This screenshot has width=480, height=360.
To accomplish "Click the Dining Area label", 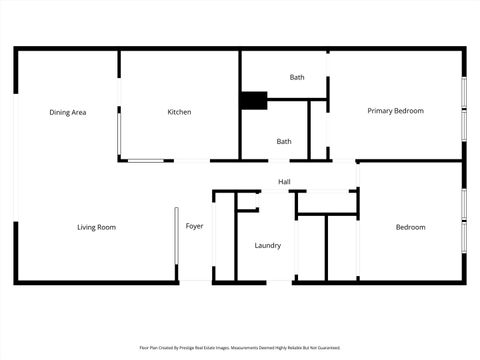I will [68, 112].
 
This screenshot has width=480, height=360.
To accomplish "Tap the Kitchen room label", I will [179, 112].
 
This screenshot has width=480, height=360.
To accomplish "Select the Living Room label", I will [97, 227].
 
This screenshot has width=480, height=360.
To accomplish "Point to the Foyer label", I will [195, 226].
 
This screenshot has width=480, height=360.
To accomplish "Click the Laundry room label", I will [268, 245].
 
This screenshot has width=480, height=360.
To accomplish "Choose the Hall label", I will [285, 181].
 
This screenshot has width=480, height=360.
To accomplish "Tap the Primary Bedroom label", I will [395, 111].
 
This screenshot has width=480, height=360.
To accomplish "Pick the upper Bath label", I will [297, 77].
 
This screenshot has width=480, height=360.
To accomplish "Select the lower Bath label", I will [284, 141].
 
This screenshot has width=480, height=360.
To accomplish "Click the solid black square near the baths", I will [254, 99].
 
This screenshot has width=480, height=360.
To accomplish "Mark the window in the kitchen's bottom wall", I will [146, 159].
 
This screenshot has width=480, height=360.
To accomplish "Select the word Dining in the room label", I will [60, 112].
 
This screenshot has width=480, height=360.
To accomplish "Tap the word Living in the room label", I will [87, 227].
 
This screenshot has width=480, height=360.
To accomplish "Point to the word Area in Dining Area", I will [79, 112].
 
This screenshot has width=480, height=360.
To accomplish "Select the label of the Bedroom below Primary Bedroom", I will [410, 227].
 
